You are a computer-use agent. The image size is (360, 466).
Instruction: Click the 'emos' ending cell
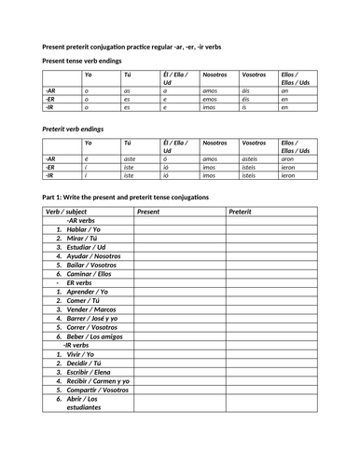211,99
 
